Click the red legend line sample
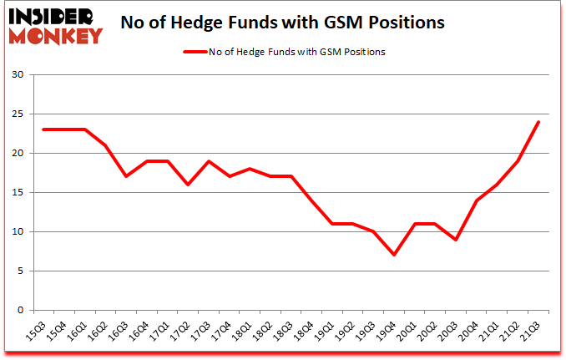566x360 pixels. pyautogui.click(x=199, y=52)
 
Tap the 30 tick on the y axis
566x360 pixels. pyautogui.click(x=18, y=75)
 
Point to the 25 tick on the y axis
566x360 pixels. pyautogui.click(x=18, y=114)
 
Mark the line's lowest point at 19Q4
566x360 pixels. pyautogui.click(x=394, y=255)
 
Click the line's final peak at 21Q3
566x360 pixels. pyautogui.click(x=538, y=122)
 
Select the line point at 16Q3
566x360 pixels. pyautogui.click(x=127, y=176)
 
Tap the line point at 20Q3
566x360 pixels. pyautogui.click(x=456, y=240)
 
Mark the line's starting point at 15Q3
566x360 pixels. pyautogui.click(x=44, y=129)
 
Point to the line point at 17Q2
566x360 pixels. pyautogui.click(x=189, y=185)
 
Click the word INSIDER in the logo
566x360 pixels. pyautogui.click(x=52, y=16)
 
